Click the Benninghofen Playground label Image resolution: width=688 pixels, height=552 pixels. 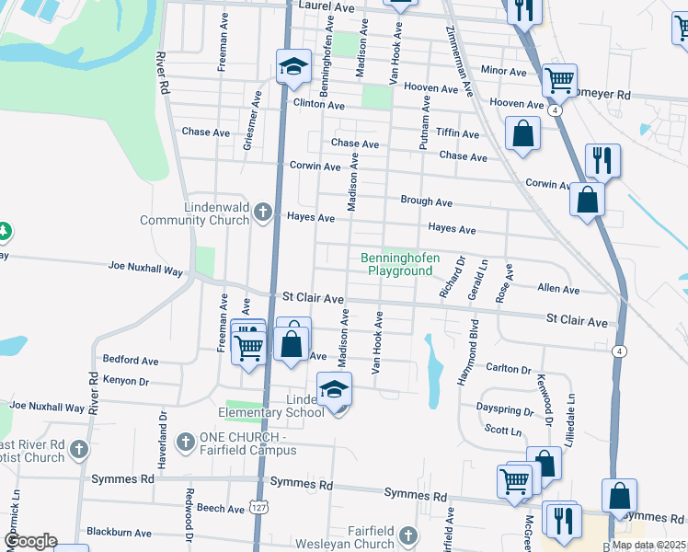[x=400, y=265]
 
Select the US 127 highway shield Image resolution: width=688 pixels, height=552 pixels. [x=262, y=504]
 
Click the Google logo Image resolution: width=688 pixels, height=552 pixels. [x=30, y=541]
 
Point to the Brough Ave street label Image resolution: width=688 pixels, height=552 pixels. [x=426, y=201]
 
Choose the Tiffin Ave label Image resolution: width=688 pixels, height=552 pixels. [x=457, y=133]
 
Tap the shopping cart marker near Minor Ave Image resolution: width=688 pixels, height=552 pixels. [x=559, y=81]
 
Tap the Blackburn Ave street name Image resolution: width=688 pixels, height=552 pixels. [x=119, y=532]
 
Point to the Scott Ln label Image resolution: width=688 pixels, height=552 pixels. [x=503, y=431]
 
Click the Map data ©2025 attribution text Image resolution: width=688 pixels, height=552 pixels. [x=648, y=545]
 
